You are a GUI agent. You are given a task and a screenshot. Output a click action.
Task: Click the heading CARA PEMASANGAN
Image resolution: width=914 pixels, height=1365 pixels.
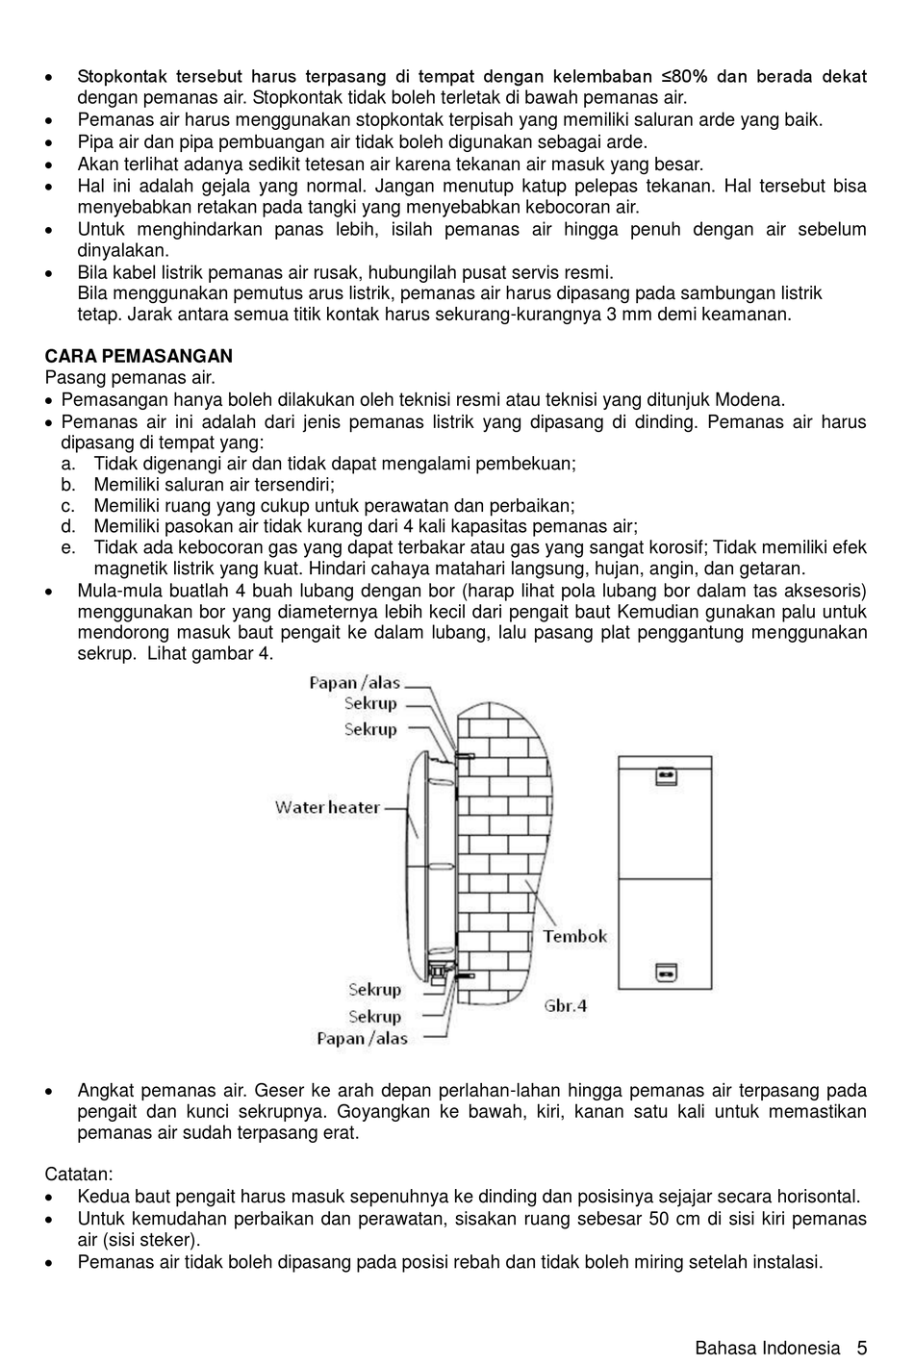click(139, 357)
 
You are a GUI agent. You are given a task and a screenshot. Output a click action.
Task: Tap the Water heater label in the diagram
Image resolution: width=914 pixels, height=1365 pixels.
click(327, 807)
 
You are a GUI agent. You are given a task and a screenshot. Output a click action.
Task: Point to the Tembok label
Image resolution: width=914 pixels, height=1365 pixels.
click(574, 936)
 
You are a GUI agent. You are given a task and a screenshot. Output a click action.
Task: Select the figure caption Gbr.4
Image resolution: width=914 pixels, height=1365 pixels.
click(566, 1005)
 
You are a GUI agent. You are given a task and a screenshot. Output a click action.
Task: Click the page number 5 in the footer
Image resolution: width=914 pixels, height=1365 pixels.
click(862, 1348)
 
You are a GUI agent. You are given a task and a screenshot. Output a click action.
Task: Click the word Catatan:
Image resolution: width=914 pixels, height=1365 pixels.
click(79, 1175)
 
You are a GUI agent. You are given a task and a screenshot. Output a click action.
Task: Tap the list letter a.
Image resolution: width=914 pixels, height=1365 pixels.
click(68, 464)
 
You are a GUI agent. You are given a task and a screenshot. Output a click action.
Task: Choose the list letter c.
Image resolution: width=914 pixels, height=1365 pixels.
click(68, 506)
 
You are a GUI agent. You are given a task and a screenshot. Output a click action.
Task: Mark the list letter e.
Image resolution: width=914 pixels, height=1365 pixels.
click(68, 548)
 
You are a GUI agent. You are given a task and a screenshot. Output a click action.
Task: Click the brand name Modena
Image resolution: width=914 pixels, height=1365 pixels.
click(753, 400)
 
